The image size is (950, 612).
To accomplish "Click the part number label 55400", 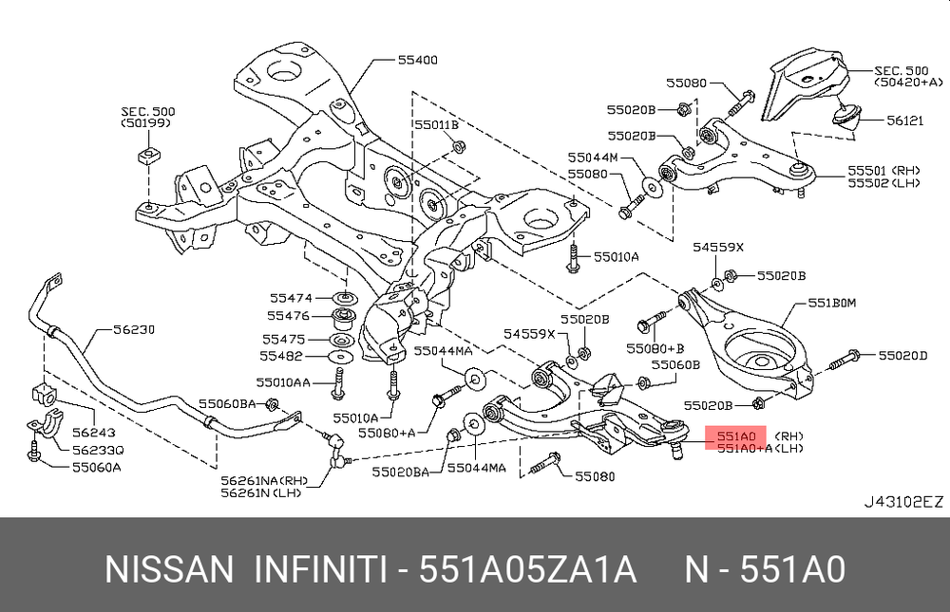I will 418,60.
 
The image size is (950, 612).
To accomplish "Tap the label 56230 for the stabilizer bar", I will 134,329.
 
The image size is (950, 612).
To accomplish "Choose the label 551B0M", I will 832,304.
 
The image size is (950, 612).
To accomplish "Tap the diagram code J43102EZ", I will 903,501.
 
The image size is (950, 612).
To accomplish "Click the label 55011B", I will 436,124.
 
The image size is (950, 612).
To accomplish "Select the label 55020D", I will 902,355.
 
